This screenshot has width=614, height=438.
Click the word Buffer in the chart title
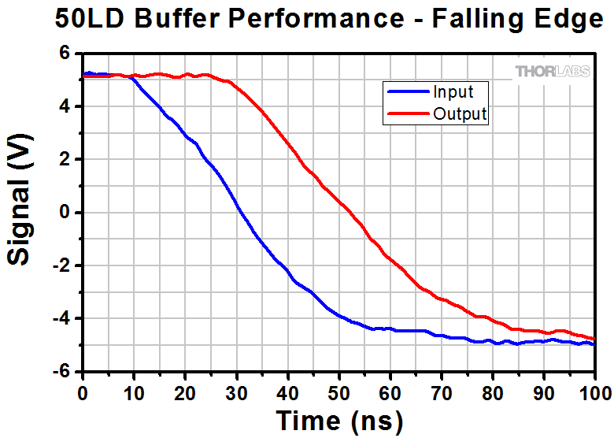174,20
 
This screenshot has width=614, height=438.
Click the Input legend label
453,92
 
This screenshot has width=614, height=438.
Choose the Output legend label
460,114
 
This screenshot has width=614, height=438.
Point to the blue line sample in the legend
407,92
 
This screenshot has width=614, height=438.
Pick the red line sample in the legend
407,114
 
